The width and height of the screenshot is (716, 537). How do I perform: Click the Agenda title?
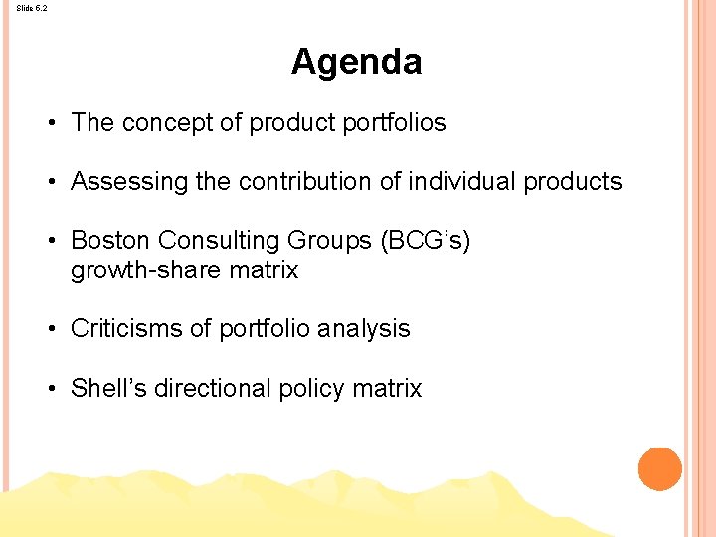point(356,62)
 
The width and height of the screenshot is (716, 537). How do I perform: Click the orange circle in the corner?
point(659,469)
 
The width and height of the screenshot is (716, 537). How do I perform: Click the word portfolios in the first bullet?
point(393,123)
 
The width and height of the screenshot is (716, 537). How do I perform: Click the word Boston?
point(110,241)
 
